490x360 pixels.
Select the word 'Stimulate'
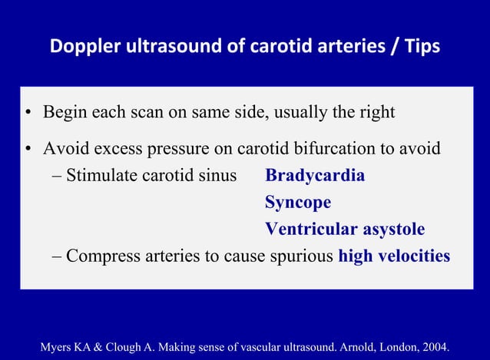[101, 176]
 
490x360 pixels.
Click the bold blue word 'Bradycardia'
[315, 176]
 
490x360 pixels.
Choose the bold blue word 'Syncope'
[298, 203]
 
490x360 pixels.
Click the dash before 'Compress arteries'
[58, 256]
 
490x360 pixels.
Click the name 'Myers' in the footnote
[56, 335]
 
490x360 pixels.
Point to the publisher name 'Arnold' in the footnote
[353, 335]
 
